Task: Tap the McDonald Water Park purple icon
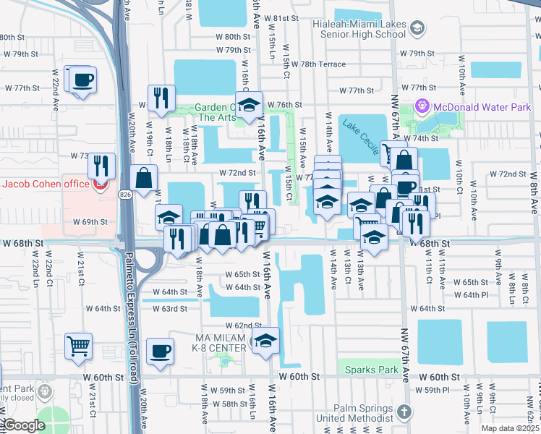pos(423,108)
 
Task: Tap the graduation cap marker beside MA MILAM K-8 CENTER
pos(265,341)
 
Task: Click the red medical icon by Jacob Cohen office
pos(100,184)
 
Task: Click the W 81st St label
pos(281,17)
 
